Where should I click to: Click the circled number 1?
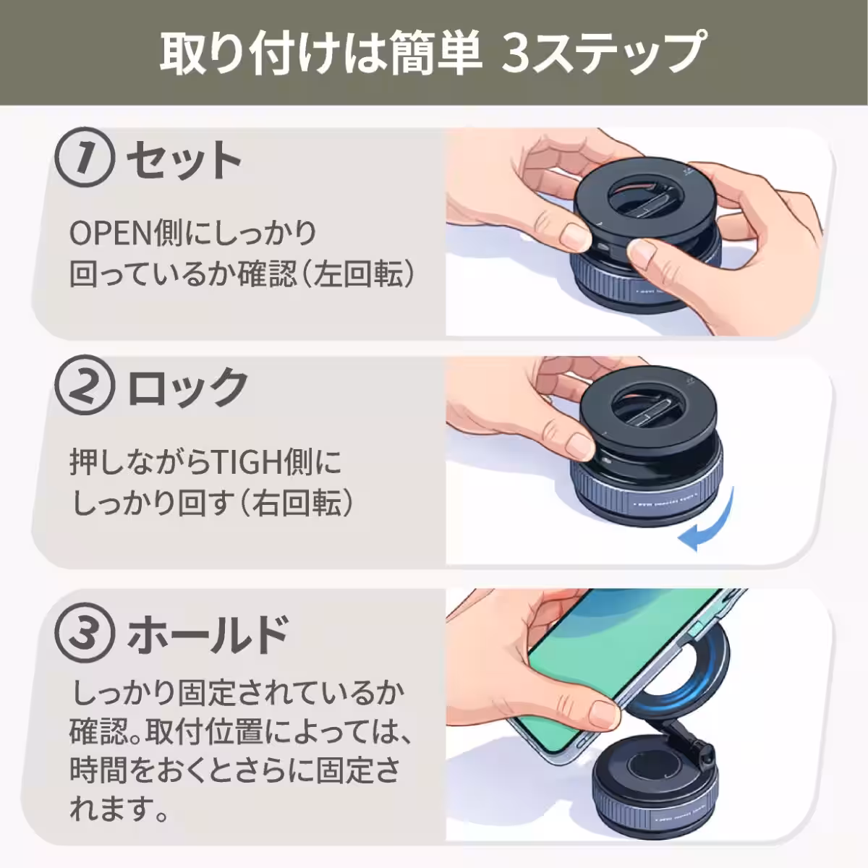pyautogui.click(x=85, y=159)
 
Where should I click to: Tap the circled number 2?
pyautogui.click(x=85, y=387)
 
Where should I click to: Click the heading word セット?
pyautogui.click(x=184, y=161)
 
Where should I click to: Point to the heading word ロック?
pyautogui.click(x=187, y=387)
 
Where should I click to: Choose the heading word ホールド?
pyautogui.click(x=208, y=634)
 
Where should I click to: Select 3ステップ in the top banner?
pyautogui.click(x=602, y=54)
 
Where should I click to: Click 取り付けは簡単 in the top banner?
pyautogui.click(x=320, y=54)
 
